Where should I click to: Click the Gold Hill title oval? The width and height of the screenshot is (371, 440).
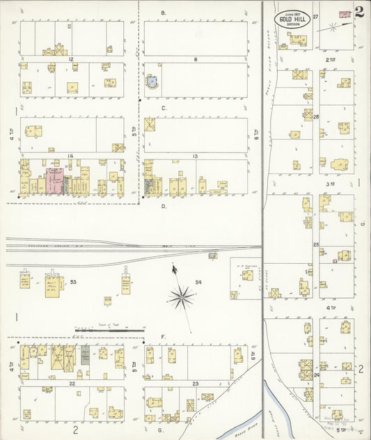292,19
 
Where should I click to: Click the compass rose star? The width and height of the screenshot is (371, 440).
181,297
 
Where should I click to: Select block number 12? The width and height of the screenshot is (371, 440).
71,60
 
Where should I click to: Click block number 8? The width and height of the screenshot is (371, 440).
196,60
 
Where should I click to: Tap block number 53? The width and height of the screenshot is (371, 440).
72,283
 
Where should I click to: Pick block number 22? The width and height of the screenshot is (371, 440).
71,383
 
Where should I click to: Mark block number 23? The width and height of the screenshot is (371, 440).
196,384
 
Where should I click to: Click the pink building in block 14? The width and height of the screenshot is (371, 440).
54,180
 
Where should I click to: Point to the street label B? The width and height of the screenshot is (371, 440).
163,13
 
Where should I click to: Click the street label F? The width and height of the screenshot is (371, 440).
163,336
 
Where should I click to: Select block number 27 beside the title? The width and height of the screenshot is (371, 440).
315,16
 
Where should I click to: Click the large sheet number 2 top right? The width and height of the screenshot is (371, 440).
358,12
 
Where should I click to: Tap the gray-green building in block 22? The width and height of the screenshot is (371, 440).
85,355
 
